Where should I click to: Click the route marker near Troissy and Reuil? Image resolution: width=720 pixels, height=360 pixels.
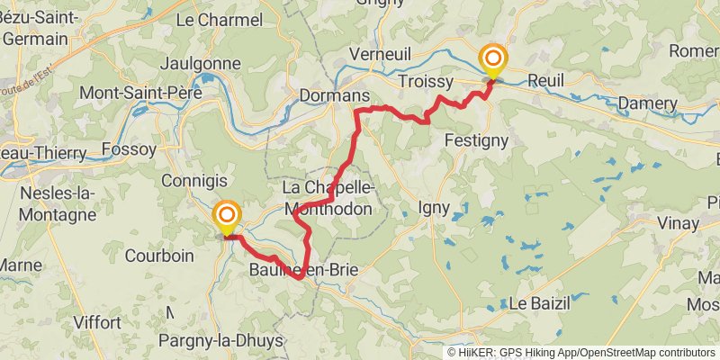click(493, 60)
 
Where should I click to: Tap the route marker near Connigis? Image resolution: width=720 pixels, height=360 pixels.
click(227, 216)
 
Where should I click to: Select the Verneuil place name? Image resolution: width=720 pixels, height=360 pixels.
click(384, 53)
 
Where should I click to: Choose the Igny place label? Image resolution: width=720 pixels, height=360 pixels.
click(439, 209)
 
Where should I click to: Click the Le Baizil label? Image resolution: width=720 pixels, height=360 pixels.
click(540, 303)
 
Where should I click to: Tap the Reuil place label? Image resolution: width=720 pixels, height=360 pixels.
click(546, 80)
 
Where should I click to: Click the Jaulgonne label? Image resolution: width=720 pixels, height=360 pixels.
click(199, 64)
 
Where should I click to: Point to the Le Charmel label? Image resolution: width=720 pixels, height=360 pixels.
click(220, 20)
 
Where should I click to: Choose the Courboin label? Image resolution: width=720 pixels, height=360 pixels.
click(159, 256)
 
